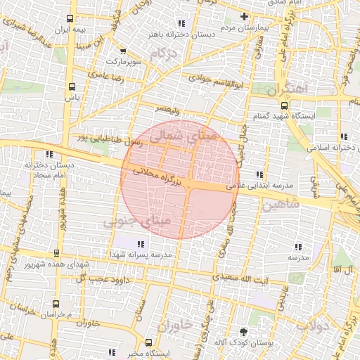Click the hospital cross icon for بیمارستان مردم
(244, 16)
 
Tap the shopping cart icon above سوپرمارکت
(123, 51)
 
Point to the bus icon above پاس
(70, 86)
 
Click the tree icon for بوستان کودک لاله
(243, 331)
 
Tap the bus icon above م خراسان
(56, 304)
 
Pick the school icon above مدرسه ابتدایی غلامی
(260, 174)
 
